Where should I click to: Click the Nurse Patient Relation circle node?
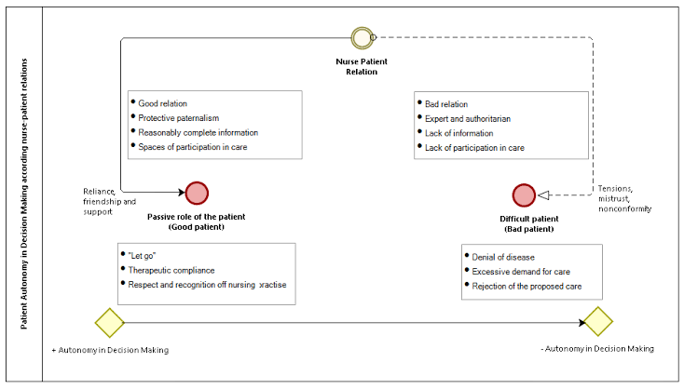(363, 38)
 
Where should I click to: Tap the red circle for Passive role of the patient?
(197, 193)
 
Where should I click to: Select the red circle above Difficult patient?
(524, 195)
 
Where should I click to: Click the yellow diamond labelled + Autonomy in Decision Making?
(109, 323)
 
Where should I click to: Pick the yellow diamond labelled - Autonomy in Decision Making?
(598, 321)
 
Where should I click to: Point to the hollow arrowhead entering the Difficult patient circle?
(543, 195)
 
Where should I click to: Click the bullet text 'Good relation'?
(163, 103)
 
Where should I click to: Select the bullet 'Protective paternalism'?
(178, 118)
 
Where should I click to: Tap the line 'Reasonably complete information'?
(198, 132)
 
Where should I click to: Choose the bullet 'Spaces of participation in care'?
(192, 147)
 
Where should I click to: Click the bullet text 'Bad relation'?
(446, 104)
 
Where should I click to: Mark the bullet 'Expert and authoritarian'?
(468, 119)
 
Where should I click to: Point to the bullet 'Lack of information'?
(458, 133)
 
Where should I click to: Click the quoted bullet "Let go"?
(142, 256)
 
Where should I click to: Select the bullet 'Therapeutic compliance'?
(171, 271)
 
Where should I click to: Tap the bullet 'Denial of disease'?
(503, 258)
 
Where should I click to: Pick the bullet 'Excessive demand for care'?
(521, 272)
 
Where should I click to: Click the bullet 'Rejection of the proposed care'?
(527, 287)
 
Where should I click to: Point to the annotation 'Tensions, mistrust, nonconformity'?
(624, 198)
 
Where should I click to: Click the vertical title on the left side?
(24, 194)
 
